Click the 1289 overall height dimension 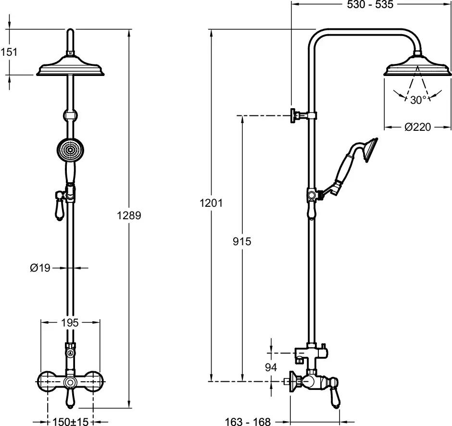click(129, 215)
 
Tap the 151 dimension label click(9, 52)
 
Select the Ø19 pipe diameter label click(40, 268)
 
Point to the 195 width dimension click(70, 323)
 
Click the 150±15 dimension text click(70, 421)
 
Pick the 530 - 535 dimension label click(370, 5)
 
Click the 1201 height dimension click(211, 203)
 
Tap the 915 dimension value click(242, 241)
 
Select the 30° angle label click(418, 100)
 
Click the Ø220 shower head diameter click(417, 127)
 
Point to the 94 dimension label click(271, 367)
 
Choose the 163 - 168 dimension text click(248, 422)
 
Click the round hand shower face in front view click(69, 150)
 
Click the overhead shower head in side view click(418, 65)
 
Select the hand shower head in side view click(370, 150)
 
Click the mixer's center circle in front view click(70, 383)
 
